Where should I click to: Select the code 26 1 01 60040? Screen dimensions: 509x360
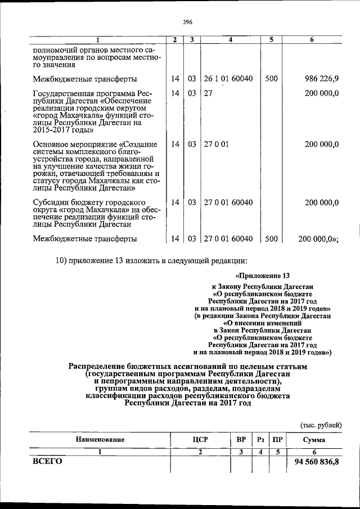pos(228,79)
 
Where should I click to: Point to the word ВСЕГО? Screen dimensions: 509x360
pos(47,462)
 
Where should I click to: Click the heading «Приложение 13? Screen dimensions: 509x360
pos(263,276)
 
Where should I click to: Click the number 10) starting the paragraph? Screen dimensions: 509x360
pos(62,259)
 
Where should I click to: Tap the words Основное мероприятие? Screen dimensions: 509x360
pos(67,145)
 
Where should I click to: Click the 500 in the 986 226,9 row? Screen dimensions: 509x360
pos(271,79)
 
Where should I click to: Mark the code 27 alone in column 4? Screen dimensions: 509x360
pos(208,93)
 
